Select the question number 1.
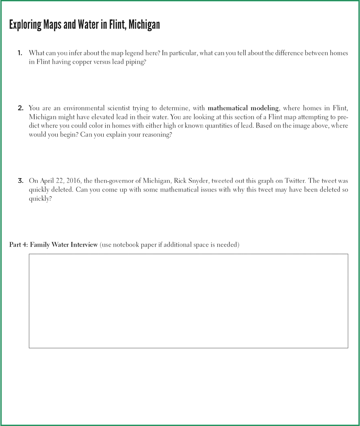[20, 53]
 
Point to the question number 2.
[20, 108]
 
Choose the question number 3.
[20, 180]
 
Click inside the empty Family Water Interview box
[188, 301]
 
